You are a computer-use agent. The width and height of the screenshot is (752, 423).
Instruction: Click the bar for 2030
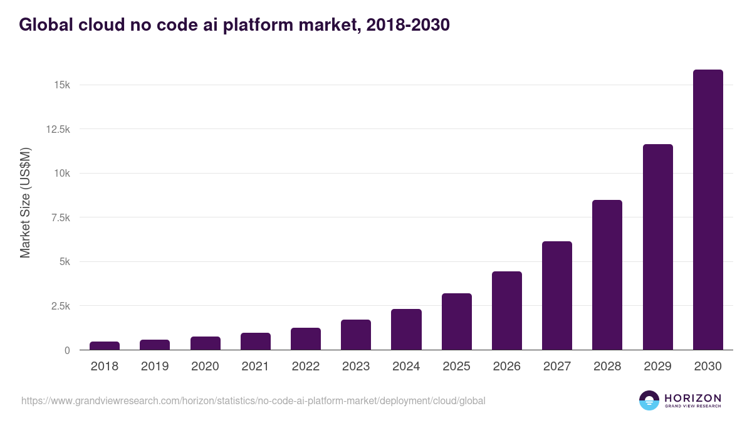tap(708, 210)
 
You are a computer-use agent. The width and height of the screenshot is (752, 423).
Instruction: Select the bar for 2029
tap(657, 247)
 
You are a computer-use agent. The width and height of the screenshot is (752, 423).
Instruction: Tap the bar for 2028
tap(607, 275)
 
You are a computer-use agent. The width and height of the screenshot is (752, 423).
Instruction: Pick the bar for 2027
tap(557, 296)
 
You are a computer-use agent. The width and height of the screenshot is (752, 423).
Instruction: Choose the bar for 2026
tap(507, 311)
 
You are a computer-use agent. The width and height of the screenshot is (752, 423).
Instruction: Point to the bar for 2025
tap(456, 321)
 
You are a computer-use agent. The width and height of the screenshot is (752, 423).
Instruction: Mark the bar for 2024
tap(406, 330)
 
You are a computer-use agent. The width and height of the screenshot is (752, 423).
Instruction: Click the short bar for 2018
tap(105, 345)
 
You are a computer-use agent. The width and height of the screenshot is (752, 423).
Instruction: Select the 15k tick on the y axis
tap(61, 85)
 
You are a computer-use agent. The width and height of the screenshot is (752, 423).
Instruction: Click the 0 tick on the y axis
tap(66, 350)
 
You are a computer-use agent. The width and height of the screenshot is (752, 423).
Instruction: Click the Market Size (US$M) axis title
tap(25, 202)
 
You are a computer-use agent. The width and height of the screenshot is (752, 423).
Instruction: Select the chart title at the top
tap(234, 25)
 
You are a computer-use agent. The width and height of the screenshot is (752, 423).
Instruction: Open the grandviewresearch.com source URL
tap(253, 400)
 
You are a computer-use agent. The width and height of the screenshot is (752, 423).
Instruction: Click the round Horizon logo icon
tap(649, 400)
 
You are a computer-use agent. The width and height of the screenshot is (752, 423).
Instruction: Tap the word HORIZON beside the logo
tap(692, 397)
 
